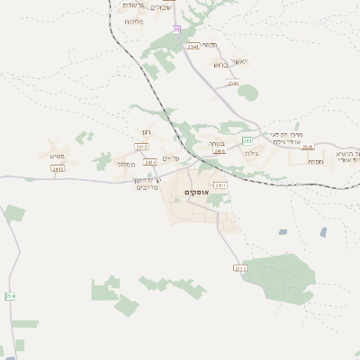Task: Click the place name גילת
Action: pyautogui.click(x=251, y=154)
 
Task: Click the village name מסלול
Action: pyautogui.click(x=126, y=164)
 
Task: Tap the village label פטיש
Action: pyautogui.click(x=58, y=155)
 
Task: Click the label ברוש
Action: pyautogui.click(x=220, y=65)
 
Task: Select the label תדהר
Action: pyautogui.click(x=209, y=44)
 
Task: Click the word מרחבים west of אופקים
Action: pyautogui.click(x=147, y=187)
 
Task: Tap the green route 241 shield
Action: pyautogui.click(x=247, y=141)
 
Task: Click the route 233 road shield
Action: pyautogui.click(x=239, y=268)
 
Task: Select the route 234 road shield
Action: pyautogui.click(x=10, y=295)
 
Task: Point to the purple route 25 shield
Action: pyautogui.click(x=176, y=30)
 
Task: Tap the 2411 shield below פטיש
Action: pyautogui.click(x=58, y=168)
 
